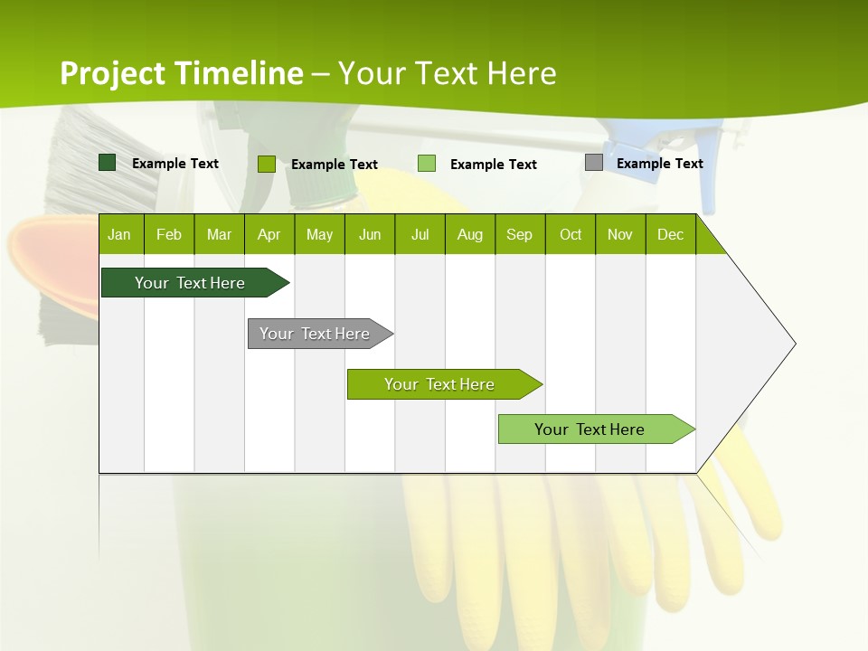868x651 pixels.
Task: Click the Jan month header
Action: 120,234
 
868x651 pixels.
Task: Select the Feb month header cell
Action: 169,234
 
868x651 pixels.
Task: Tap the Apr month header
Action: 269,234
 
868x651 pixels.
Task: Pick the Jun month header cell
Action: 370,234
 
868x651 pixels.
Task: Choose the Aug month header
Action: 469,234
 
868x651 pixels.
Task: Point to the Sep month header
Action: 519,234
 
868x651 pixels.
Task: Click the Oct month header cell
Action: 571,234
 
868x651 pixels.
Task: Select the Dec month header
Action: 670,234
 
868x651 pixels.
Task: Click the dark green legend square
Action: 108,163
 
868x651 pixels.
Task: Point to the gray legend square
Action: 594,163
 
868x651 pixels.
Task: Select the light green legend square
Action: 427,164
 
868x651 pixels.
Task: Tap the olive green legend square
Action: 267,164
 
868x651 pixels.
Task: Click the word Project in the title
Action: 112,73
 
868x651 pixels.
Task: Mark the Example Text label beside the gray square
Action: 659,164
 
